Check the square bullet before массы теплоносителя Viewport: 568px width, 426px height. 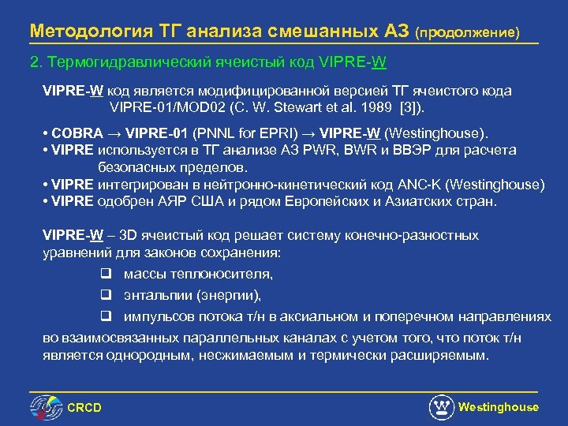click(x=105, y=274)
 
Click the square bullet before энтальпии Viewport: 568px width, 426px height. click(x=105, y=295)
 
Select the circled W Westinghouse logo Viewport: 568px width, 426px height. click(x=442, y=406)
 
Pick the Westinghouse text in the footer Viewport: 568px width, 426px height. click(x=499, y=407)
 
